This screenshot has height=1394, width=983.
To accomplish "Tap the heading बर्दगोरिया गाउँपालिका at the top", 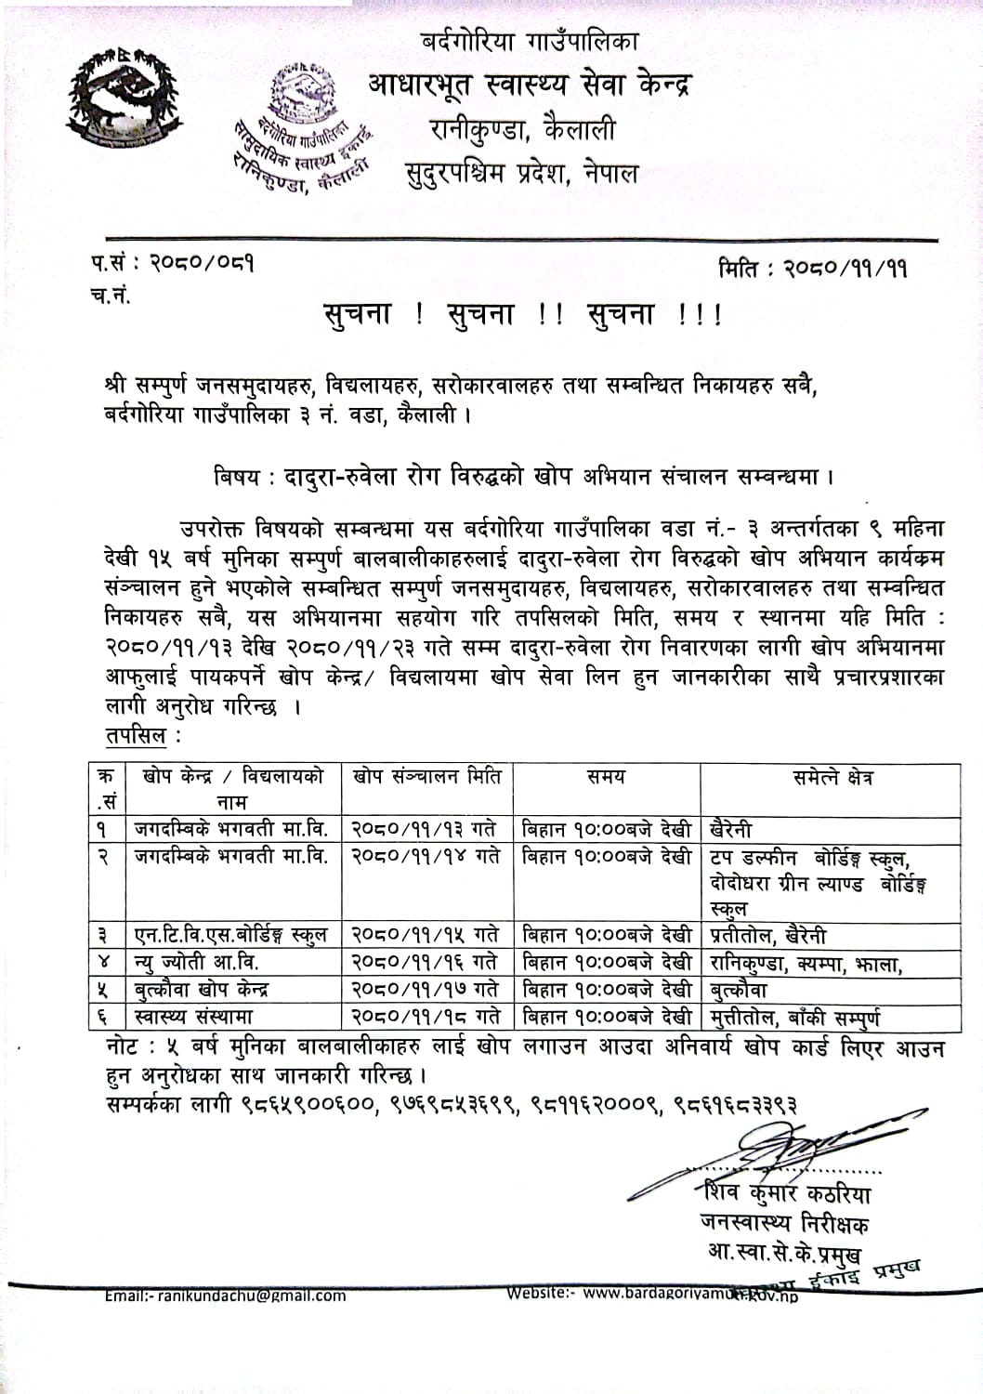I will coord(530,41).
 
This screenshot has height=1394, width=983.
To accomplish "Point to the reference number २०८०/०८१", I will coord(202,263).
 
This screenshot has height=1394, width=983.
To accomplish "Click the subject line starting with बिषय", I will coord(522,477).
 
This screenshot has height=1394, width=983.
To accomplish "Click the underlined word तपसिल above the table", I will coord(136,735).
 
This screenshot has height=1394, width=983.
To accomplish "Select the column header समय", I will coord(606,777).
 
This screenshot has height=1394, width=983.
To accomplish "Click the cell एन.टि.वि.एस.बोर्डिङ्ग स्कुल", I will coord(230,935).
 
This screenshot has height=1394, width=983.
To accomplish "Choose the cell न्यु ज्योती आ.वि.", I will coord(196,962).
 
